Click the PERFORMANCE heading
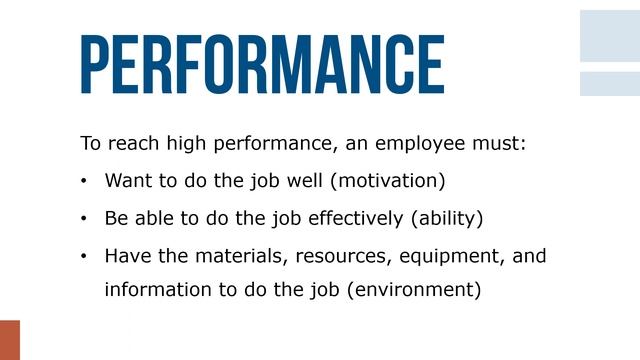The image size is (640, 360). pos(262,64)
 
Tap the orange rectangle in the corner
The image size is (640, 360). pos(9,340)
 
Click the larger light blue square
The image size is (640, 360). pos(610,35)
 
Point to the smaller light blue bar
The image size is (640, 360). pos(610,83)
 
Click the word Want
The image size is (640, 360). pos(126,182)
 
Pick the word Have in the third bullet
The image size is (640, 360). pos(126,255)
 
